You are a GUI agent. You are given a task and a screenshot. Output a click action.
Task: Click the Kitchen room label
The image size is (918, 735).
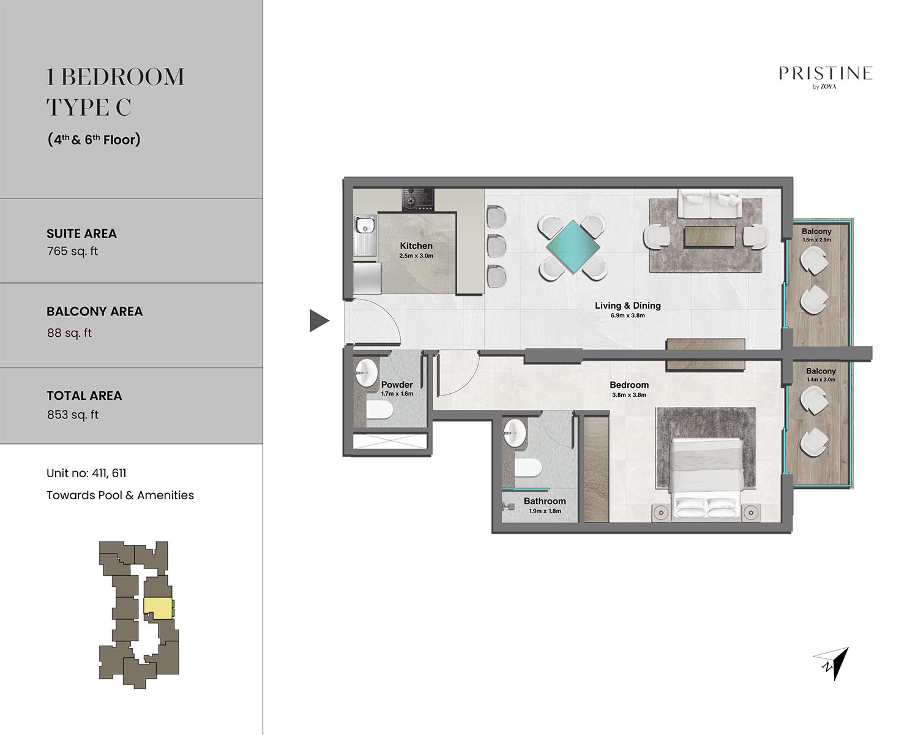coord(416,246)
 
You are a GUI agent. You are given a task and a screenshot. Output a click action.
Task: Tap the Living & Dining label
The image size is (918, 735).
coord(627,306)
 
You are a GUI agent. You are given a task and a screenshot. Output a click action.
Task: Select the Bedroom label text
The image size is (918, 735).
coord(629,385)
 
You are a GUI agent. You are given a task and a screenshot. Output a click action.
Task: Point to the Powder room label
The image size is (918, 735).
coord(397,385)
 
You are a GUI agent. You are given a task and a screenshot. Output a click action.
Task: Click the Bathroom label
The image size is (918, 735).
coord(545,501)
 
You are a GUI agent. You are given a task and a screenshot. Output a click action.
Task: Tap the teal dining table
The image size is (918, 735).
coord(572,246)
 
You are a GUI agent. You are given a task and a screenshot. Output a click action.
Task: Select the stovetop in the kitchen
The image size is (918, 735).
coord(418,200)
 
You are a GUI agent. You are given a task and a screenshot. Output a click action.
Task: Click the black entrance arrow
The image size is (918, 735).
coord(319,320)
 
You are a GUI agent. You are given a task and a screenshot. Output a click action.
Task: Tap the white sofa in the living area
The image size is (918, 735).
coord(709,204)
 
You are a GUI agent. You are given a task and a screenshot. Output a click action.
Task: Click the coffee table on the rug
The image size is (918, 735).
coord(710,236)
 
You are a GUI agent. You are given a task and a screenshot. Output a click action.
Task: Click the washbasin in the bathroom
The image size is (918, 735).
coord(515,433)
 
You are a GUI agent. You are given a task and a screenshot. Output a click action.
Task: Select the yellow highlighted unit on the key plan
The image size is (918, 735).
coord(159,608)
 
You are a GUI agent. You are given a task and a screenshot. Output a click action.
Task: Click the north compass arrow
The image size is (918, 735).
coord(832,663)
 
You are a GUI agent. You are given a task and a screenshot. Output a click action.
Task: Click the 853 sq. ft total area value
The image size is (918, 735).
coord(73,415)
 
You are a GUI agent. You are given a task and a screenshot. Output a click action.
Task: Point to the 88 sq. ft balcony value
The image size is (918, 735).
coord(70,333)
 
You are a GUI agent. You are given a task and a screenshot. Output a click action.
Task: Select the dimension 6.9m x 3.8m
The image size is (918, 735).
coord(627,315)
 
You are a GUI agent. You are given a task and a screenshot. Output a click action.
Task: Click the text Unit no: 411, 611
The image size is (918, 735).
coord(86,473)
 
